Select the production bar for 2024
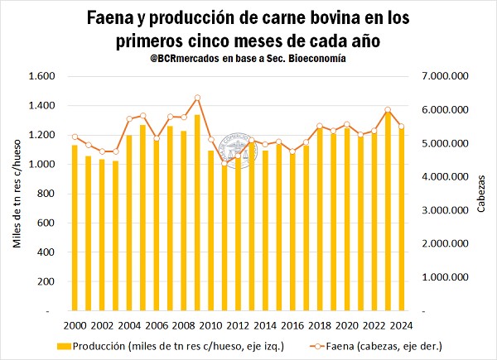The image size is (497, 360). (x=423, y=219)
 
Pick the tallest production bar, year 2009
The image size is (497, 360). (x=197, y=213)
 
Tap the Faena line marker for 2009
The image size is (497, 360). (x=197, y=98)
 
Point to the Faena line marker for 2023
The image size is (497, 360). (x=411, y=110)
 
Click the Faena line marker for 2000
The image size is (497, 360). (x=75, y=137)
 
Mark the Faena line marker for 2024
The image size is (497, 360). (x=423, y=127)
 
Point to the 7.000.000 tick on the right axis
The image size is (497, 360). (x=446, y=76)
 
